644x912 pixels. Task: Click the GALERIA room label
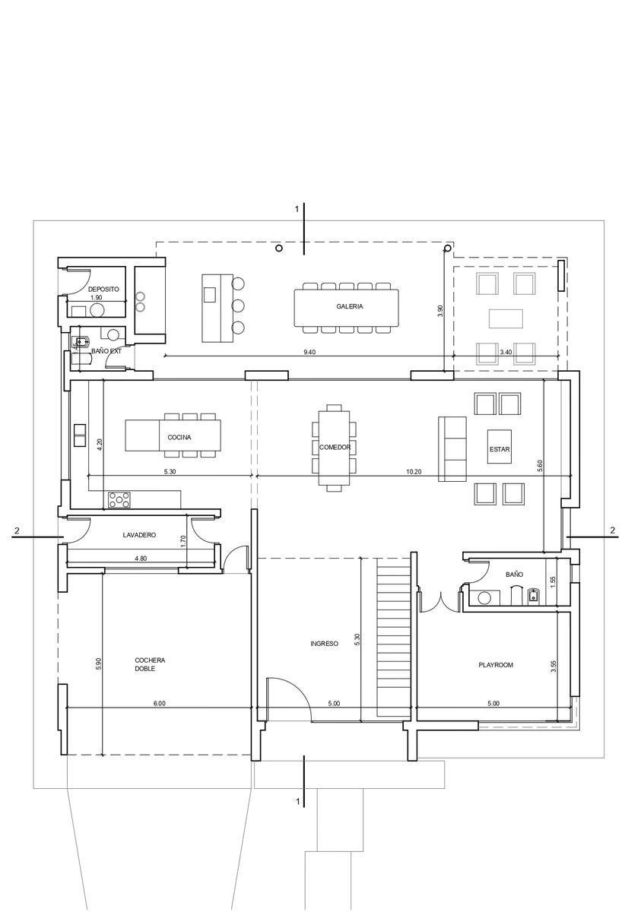click(x=349, y=306)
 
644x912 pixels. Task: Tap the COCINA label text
click(x=179, y=437)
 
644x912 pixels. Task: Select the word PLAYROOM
click(x=495, y=665)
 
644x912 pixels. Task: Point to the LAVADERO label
click(x=139, y=535)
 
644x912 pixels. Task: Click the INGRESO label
click(x=324, y=644)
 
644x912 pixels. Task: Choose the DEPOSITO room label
click(x=103, y=289)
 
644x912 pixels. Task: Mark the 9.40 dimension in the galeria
click(x=309, y=352)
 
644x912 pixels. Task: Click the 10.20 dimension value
click(x=414, y=472)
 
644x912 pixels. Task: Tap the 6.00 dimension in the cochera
click(x=160, y=703)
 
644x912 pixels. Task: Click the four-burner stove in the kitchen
click(x=119, y=500)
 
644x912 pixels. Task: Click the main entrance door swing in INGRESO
click(x=297, y=687)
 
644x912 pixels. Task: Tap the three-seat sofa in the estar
click(x=452, y=449)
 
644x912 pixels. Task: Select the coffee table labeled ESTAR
click(x=500, y=446)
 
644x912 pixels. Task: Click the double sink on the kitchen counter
click(x=79, y=435)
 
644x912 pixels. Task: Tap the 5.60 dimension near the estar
click(x=540, y=466)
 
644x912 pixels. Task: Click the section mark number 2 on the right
click(x=613, y=530)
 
